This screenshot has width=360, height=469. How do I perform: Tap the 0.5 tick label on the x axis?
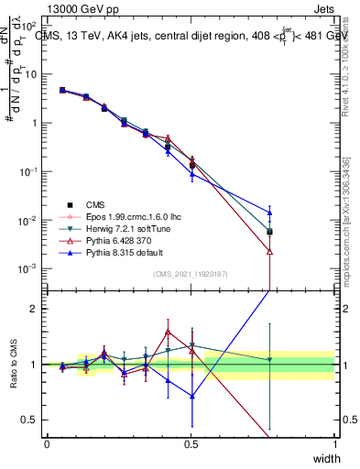(191, 444)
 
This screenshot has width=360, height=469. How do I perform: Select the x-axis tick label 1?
(333, 444)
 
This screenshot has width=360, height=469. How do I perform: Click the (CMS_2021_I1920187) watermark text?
(191, 274)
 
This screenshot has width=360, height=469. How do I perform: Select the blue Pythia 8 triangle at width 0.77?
(269, 213)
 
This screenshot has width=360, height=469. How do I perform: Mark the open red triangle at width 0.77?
(269, 251)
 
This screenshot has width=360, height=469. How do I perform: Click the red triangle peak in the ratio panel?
(168, 332)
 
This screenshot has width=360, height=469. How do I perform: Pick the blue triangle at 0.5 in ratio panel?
(191, 397)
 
